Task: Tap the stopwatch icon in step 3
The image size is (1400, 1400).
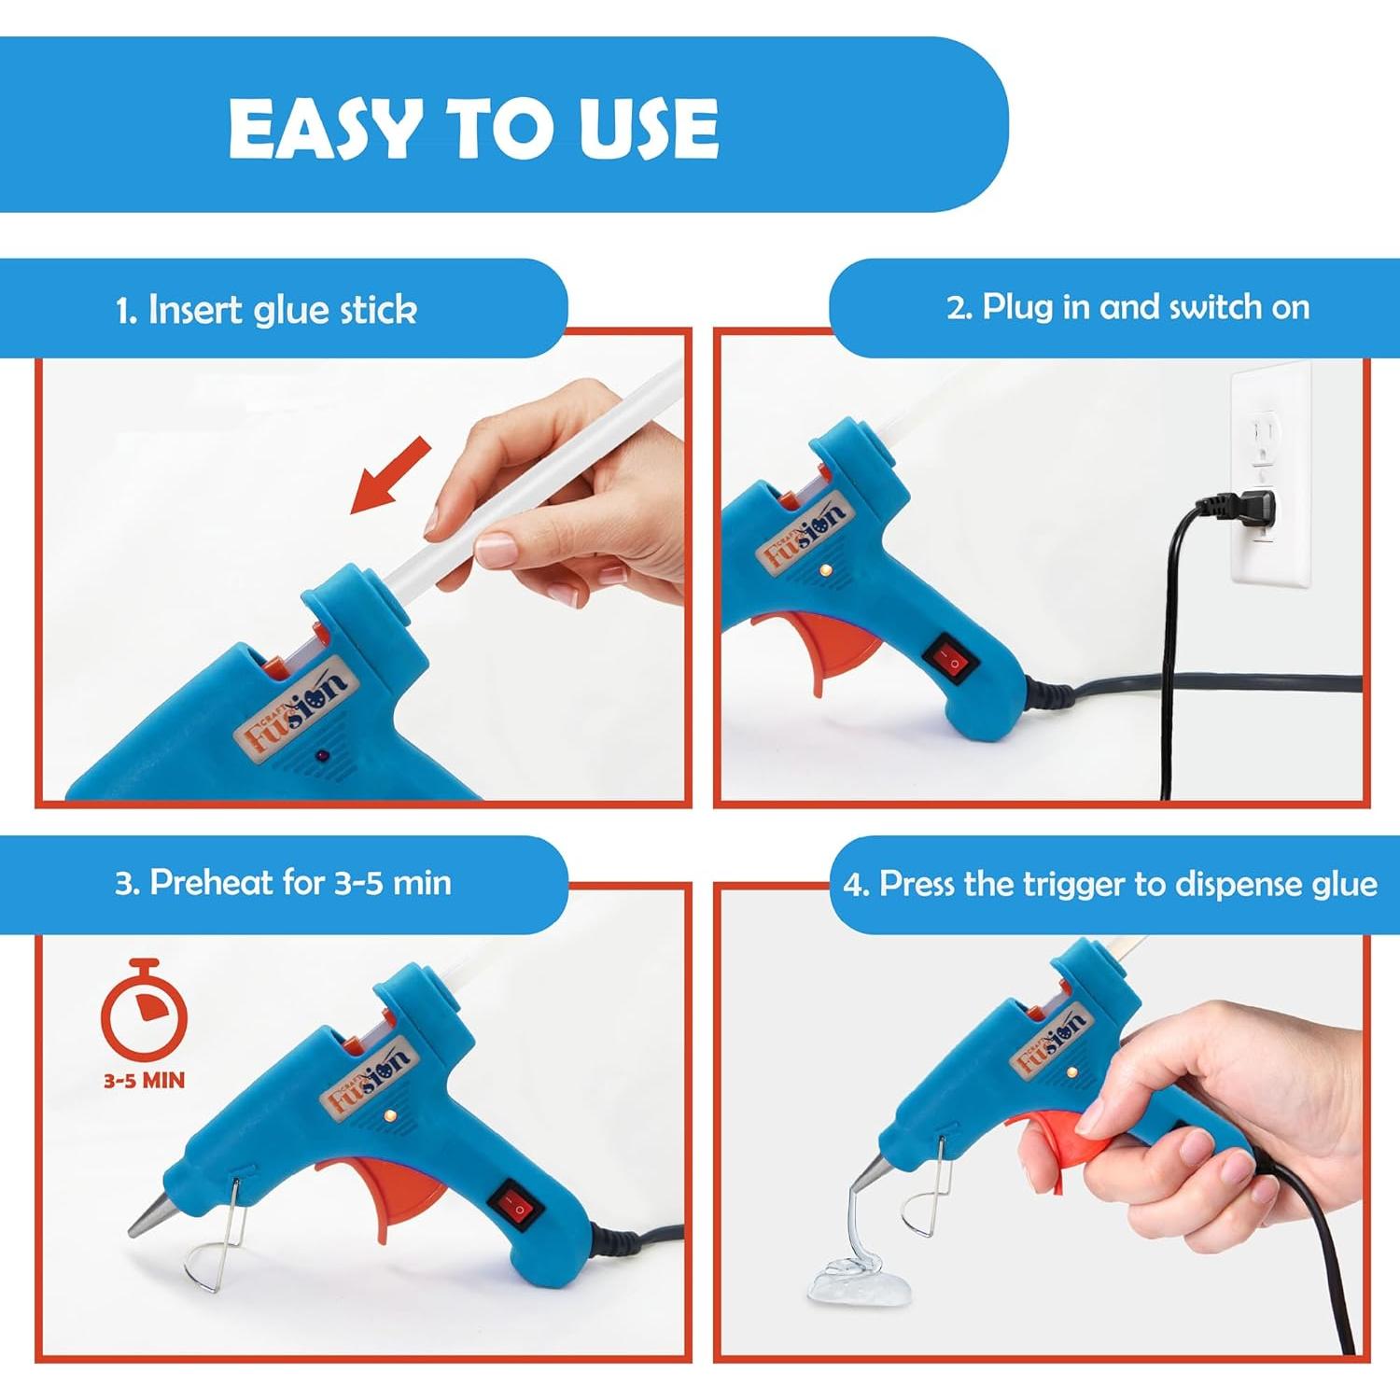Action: tap(144, 1014)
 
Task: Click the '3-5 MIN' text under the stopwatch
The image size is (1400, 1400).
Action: tap(144, 1081)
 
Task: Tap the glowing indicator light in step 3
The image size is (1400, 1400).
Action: tap(390, 1115)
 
